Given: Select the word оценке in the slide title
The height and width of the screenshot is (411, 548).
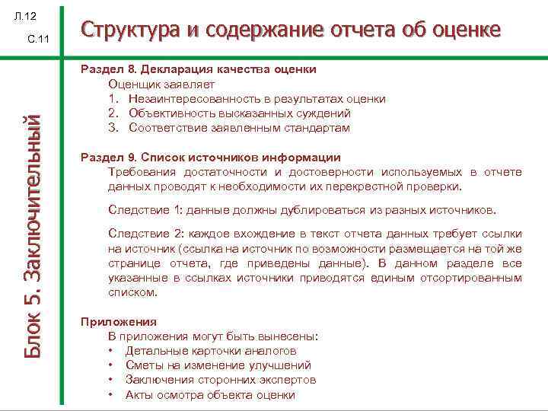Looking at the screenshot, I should [x=464, y=30].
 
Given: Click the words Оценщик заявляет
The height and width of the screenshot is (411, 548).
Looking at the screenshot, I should [x=161, y=84].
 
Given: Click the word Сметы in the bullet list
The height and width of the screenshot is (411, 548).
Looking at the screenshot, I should [x=142, y=365].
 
